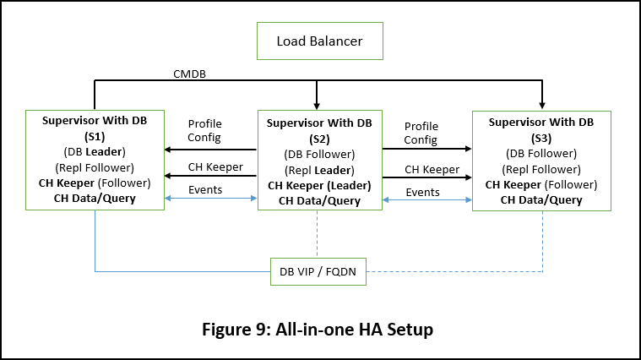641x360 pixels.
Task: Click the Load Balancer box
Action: [320, 41]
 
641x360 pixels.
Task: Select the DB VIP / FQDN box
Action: [318, 271]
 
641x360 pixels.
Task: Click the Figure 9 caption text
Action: [320, 330]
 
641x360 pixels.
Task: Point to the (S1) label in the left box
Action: [95, 137]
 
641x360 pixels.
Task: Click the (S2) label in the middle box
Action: [318, 139]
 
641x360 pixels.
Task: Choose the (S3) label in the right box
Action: [541, 137]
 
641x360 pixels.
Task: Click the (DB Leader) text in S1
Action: [95, 152]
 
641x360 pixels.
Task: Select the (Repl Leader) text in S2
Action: [318, 170]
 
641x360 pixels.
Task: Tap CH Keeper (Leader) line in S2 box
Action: [318, 185]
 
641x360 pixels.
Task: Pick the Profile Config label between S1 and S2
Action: [204, 130]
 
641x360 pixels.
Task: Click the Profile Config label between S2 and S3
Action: [421, 133]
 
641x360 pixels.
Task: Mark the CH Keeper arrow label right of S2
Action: [432, 169]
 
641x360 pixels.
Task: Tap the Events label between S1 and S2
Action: [205, 189]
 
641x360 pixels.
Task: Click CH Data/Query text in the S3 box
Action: [541, 200]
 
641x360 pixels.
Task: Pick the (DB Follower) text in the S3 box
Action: [541, 153]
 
